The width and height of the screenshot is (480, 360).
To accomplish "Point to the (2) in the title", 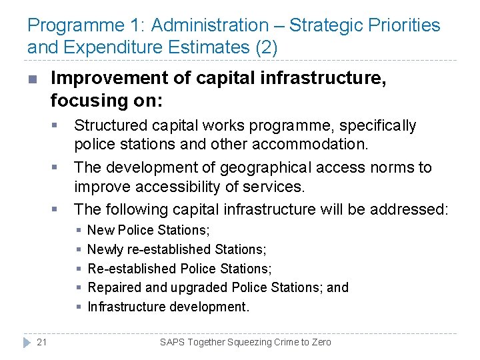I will point(265,48).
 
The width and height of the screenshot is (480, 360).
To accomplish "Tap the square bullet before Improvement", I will point(32,79).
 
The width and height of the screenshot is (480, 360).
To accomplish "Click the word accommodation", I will point(314,144).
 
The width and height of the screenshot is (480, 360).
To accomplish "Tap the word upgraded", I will point(199,287).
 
